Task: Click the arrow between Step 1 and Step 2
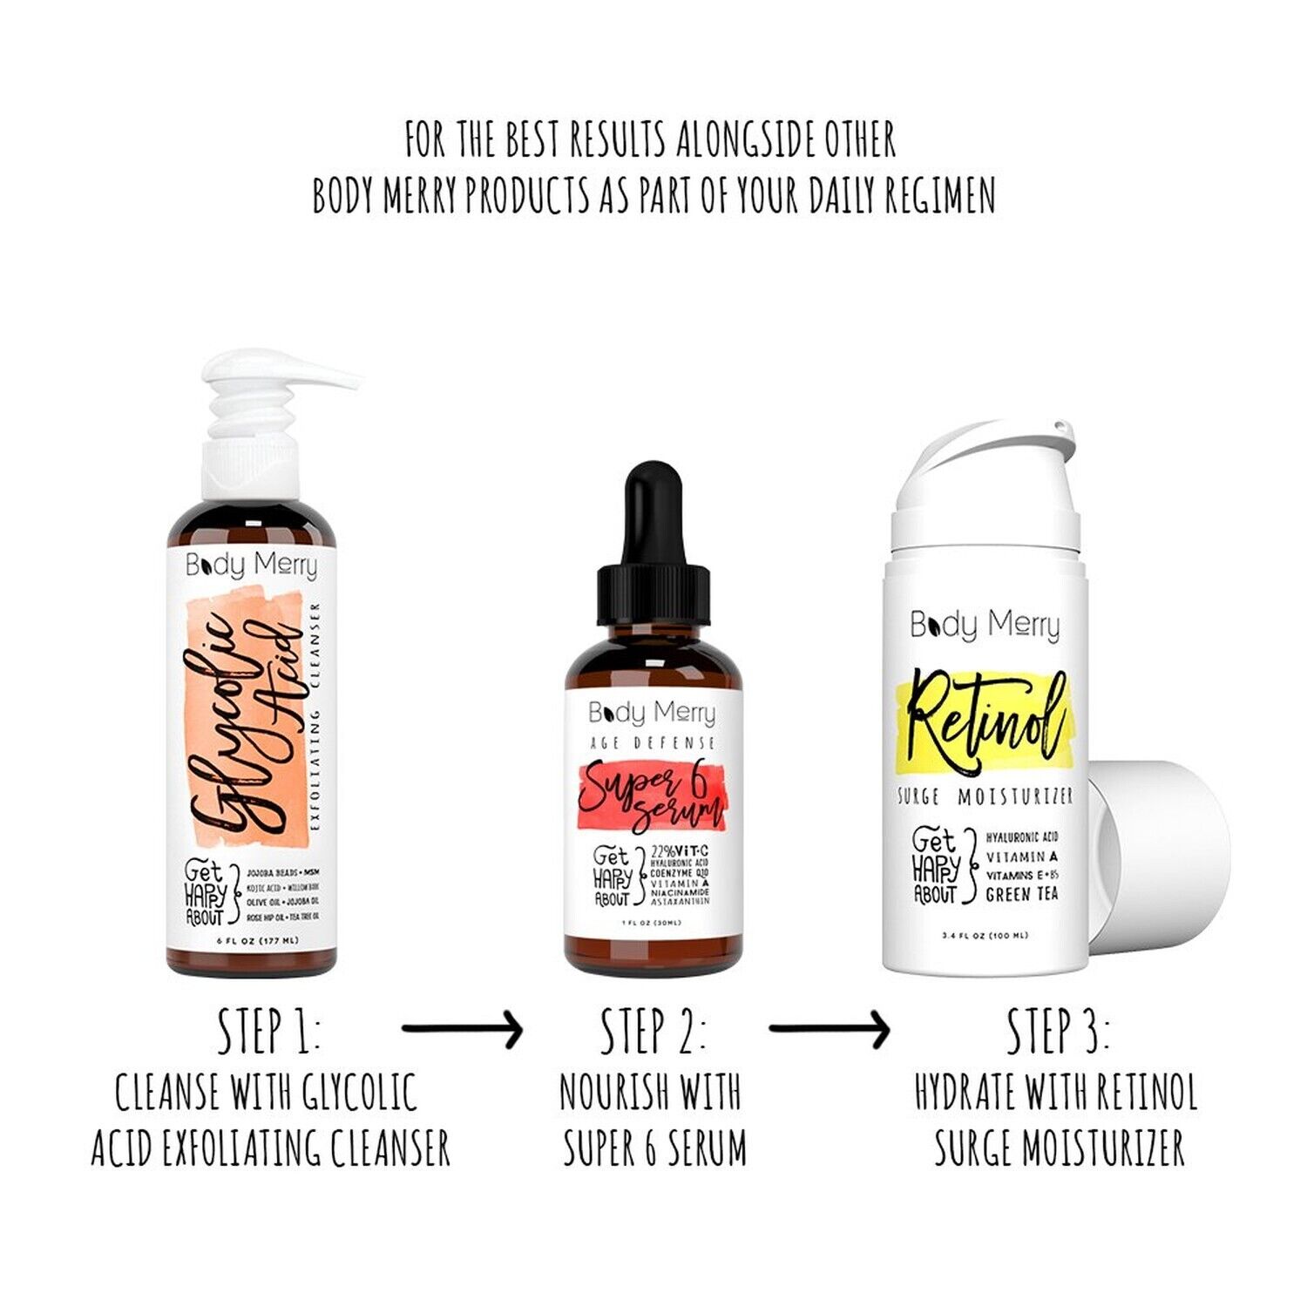tap(462, 1030)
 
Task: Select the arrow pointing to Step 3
tap(829, 1030)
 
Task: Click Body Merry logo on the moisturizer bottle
tap(985, 625)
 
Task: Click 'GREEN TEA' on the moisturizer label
tap(1021, 895)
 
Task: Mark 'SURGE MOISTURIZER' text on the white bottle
tap(985, 796)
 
